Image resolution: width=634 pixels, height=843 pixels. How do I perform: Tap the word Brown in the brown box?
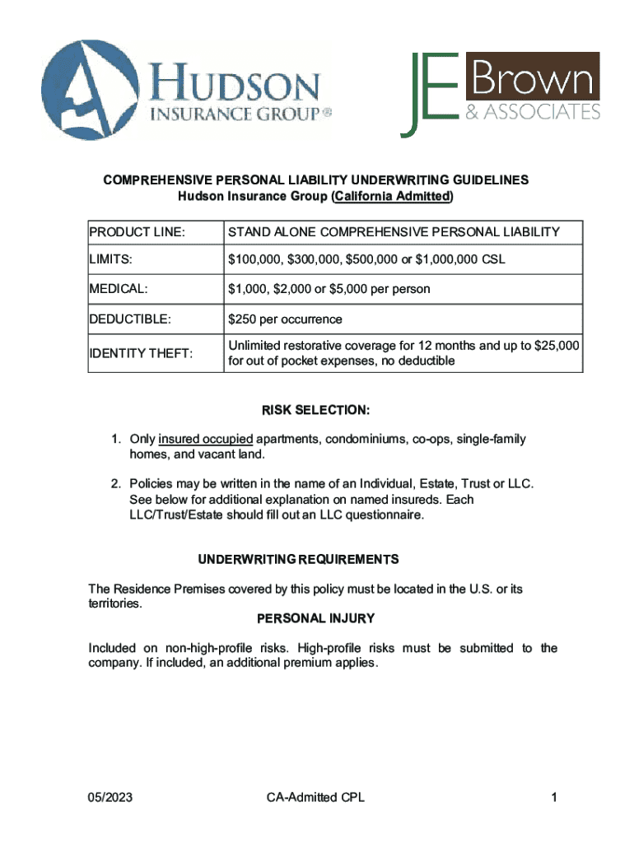532,80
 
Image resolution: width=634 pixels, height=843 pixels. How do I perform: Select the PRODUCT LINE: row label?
138,232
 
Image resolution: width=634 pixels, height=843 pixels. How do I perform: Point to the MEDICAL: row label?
119,289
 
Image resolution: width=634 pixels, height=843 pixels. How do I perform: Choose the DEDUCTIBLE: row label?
130,319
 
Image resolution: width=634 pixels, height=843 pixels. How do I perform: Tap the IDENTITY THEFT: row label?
141,353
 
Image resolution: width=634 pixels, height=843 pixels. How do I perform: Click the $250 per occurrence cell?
285,319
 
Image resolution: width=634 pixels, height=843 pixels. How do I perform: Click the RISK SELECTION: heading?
316,410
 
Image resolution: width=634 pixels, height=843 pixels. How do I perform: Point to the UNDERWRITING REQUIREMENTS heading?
298,560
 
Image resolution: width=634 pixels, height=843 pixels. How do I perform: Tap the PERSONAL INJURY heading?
316,618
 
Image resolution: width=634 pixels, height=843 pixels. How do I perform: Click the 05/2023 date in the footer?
110,797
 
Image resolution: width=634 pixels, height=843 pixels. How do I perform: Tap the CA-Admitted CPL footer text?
315,797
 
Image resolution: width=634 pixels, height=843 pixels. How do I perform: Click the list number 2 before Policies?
116,483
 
